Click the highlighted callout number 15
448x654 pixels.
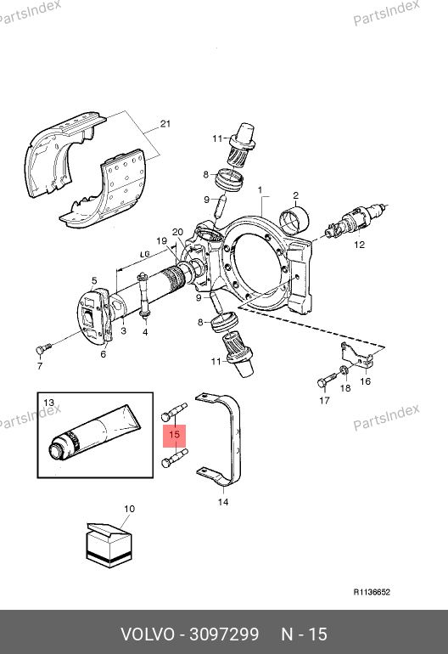(174, 435)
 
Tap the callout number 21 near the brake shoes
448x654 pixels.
(165, 124)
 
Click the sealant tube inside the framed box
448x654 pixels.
(94, 433)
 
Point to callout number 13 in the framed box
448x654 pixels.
(48, 403)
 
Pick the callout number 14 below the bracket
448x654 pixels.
(223, 502)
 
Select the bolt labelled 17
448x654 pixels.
(329, 380)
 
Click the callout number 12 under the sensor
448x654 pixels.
(359, 245)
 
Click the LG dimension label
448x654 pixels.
(144, 254)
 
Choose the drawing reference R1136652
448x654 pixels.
(372, 592)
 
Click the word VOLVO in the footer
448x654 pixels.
(148, 634)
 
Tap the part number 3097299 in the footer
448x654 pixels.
(224, 634)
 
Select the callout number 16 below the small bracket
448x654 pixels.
(366, 381)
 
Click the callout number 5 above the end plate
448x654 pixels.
(94, 280)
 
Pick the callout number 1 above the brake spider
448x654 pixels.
(260, 190)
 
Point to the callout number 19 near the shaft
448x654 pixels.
(162, 240)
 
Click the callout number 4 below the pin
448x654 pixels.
(145, 332)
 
